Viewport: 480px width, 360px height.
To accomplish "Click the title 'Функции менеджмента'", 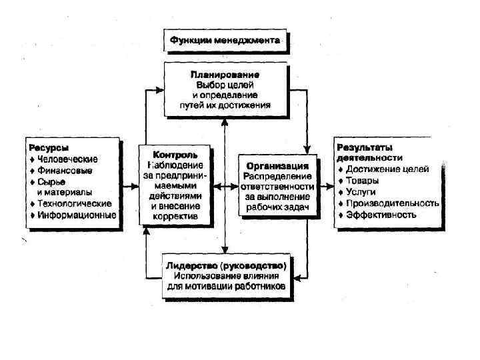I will pyautogui.click(x=226, y=41).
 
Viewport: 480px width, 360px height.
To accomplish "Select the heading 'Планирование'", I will pyautogui.click(x=225, y=73).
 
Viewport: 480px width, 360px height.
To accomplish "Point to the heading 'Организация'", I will pyautogui.click(x=277, y=165).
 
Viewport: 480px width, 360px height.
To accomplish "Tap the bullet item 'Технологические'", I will pyautogui.click(x=74, y=203).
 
